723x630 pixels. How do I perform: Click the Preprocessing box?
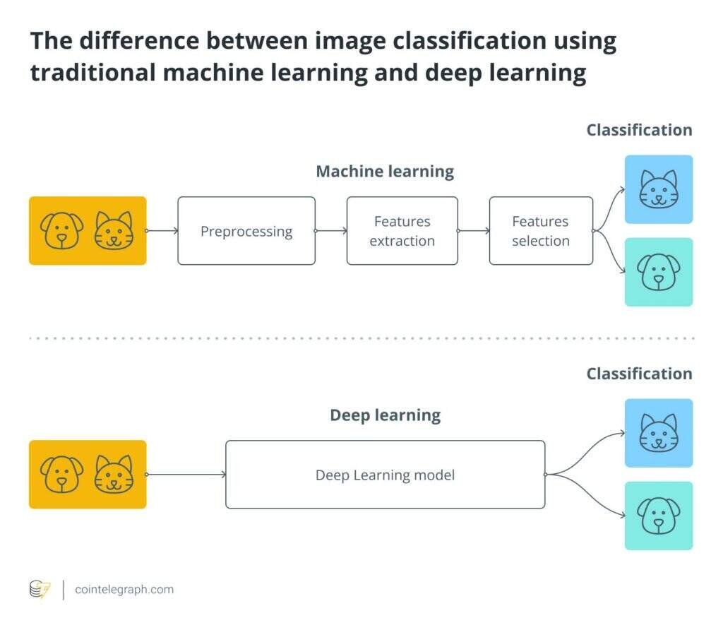246,231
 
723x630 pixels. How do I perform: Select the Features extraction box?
402,231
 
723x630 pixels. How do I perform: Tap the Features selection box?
541,231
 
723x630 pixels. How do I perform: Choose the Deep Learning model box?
385,475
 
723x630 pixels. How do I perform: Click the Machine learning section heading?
385,171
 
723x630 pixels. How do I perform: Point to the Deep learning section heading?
385,415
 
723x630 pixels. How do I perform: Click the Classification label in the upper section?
639,130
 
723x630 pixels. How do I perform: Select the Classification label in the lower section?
639,374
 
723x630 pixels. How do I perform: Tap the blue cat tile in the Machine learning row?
658,189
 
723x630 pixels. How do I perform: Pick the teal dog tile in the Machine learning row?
658,272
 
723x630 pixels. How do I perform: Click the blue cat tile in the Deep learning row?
658,433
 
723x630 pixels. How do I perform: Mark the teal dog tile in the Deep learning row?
658,516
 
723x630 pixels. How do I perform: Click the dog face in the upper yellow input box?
61,230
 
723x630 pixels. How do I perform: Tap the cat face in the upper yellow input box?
114,230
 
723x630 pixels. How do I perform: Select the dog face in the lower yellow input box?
61,474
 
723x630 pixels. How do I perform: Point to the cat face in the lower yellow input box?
114,474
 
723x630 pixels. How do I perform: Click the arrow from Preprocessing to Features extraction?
331,231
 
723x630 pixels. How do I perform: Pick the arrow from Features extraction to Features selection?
474,231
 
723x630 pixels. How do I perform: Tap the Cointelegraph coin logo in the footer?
40,590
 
